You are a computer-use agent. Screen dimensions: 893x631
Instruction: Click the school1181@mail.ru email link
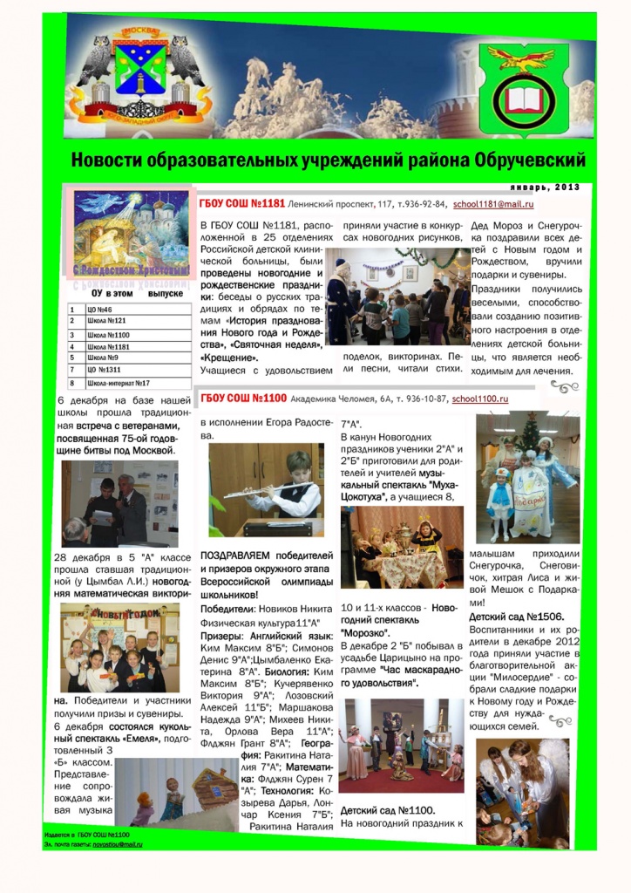[492, 204]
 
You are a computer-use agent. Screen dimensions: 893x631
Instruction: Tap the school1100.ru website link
[480, 399]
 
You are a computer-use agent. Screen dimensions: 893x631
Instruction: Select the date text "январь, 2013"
[545, 187]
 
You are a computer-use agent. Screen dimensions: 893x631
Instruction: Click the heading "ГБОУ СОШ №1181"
[242, 204]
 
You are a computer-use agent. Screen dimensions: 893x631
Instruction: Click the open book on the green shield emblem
[523, 98]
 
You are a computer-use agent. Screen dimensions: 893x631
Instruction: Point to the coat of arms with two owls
[140, 74]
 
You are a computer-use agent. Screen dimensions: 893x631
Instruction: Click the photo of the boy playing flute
[265, 490]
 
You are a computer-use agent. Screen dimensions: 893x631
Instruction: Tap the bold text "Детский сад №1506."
[512, 617]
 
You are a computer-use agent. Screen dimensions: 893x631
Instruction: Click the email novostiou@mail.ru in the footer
[118, 844]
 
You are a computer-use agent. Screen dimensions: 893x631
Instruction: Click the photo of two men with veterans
[119, 503]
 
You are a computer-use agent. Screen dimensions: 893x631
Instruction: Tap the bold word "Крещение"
[229, 358]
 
